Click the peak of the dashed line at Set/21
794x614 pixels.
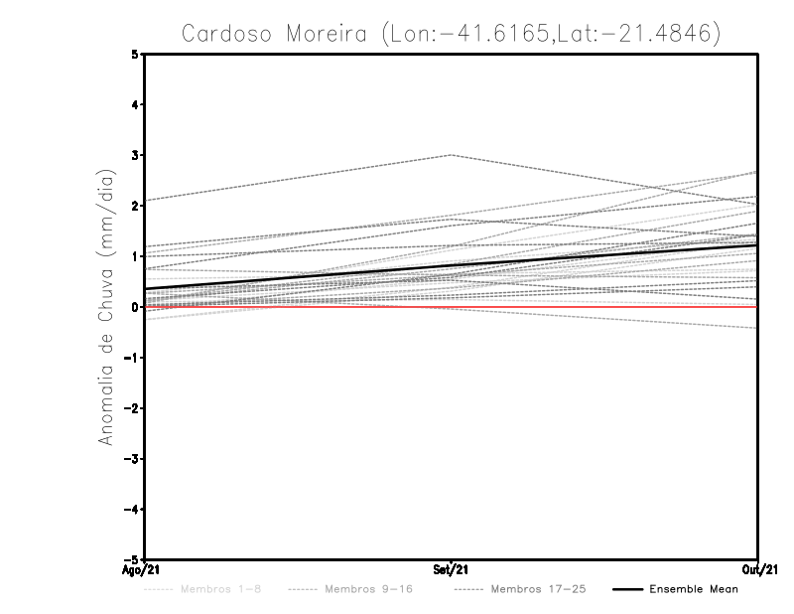tap(452, 155)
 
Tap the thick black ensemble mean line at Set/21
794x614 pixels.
tap(452, 265)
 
